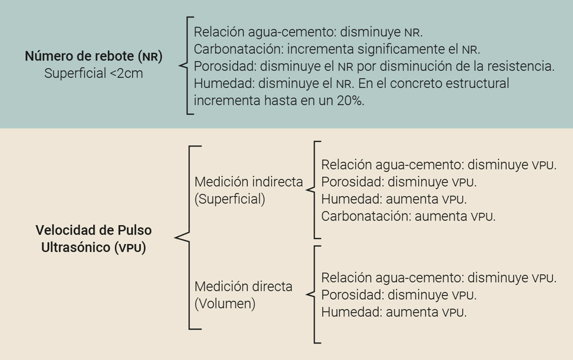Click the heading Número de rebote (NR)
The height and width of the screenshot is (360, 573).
(x=93, y=57)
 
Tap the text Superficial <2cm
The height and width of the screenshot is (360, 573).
(x=93, y=74)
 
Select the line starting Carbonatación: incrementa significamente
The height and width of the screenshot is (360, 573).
(x=337, y=49)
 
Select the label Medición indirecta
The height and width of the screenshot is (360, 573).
(x=249, y=182)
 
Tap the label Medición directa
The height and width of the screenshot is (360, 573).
(x=243, y=287)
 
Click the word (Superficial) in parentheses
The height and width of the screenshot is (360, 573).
(x=229, y=199)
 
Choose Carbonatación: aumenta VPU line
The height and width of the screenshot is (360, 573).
(x=408, y=216)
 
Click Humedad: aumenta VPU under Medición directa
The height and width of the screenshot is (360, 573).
(x=394, y=312)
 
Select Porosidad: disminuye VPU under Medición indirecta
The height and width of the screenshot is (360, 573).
(x=399, y=182)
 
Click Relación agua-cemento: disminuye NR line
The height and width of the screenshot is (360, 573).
(x=308, y=31)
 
